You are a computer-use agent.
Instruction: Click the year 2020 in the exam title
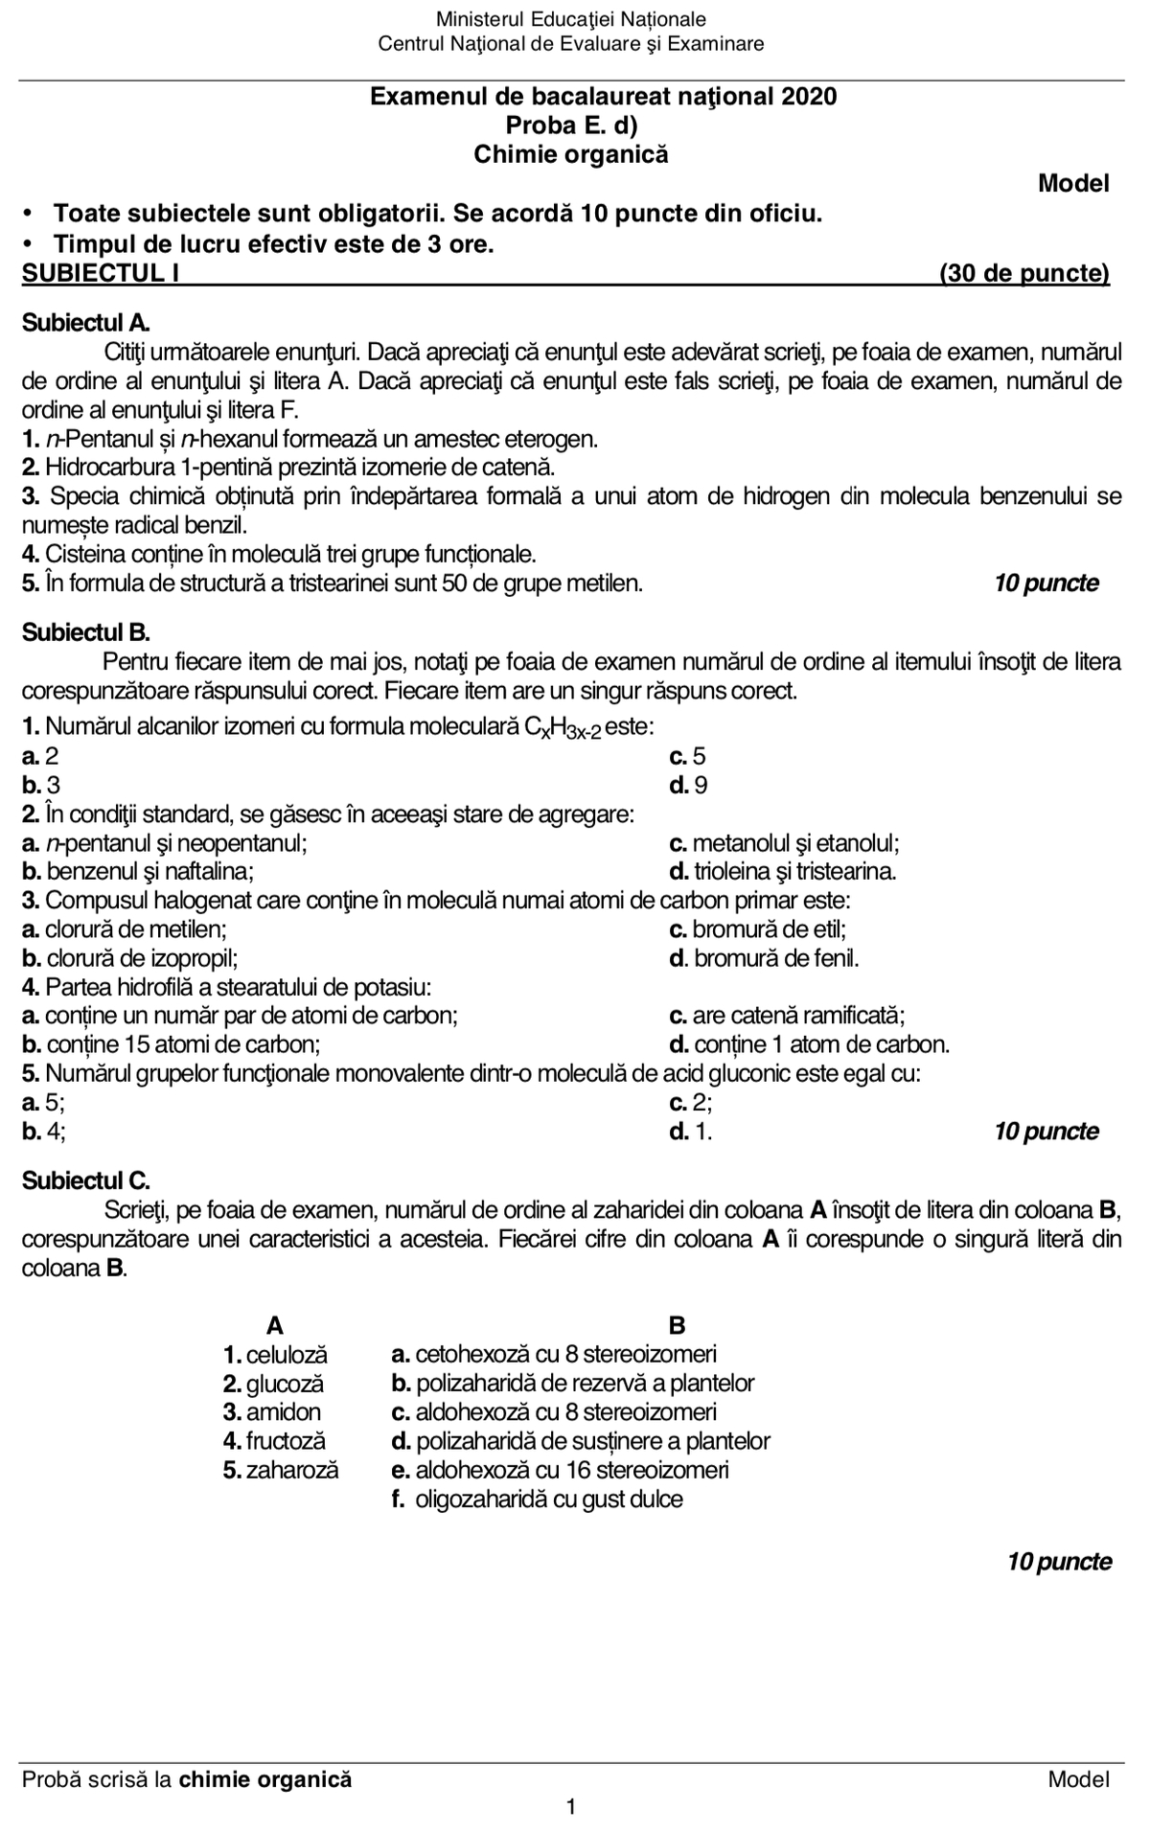pos(809,97)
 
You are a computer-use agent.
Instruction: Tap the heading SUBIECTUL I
pos(101,274)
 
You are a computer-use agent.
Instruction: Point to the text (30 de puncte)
pos(1023,274)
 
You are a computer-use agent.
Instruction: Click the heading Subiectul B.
pos(86,632)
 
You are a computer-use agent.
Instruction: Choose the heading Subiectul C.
pos(86,1180)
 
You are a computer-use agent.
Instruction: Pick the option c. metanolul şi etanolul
pos(784,843)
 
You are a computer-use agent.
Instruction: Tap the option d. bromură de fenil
pos(764,958)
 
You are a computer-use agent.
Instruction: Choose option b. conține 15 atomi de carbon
pos(171,1044)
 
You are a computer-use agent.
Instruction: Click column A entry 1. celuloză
pos(275,1355)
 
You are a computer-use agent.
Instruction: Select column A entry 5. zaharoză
pos(281,1470)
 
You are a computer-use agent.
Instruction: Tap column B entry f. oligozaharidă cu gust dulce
pos(537,1499)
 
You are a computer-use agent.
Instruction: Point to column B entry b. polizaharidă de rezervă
pos(572,1384)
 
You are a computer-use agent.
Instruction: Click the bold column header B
pos(677,1326)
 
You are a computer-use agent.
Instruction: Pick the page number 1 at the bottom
pos(571,1808)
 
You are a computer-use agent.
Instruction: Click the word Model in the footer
pos(1078,1779)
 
